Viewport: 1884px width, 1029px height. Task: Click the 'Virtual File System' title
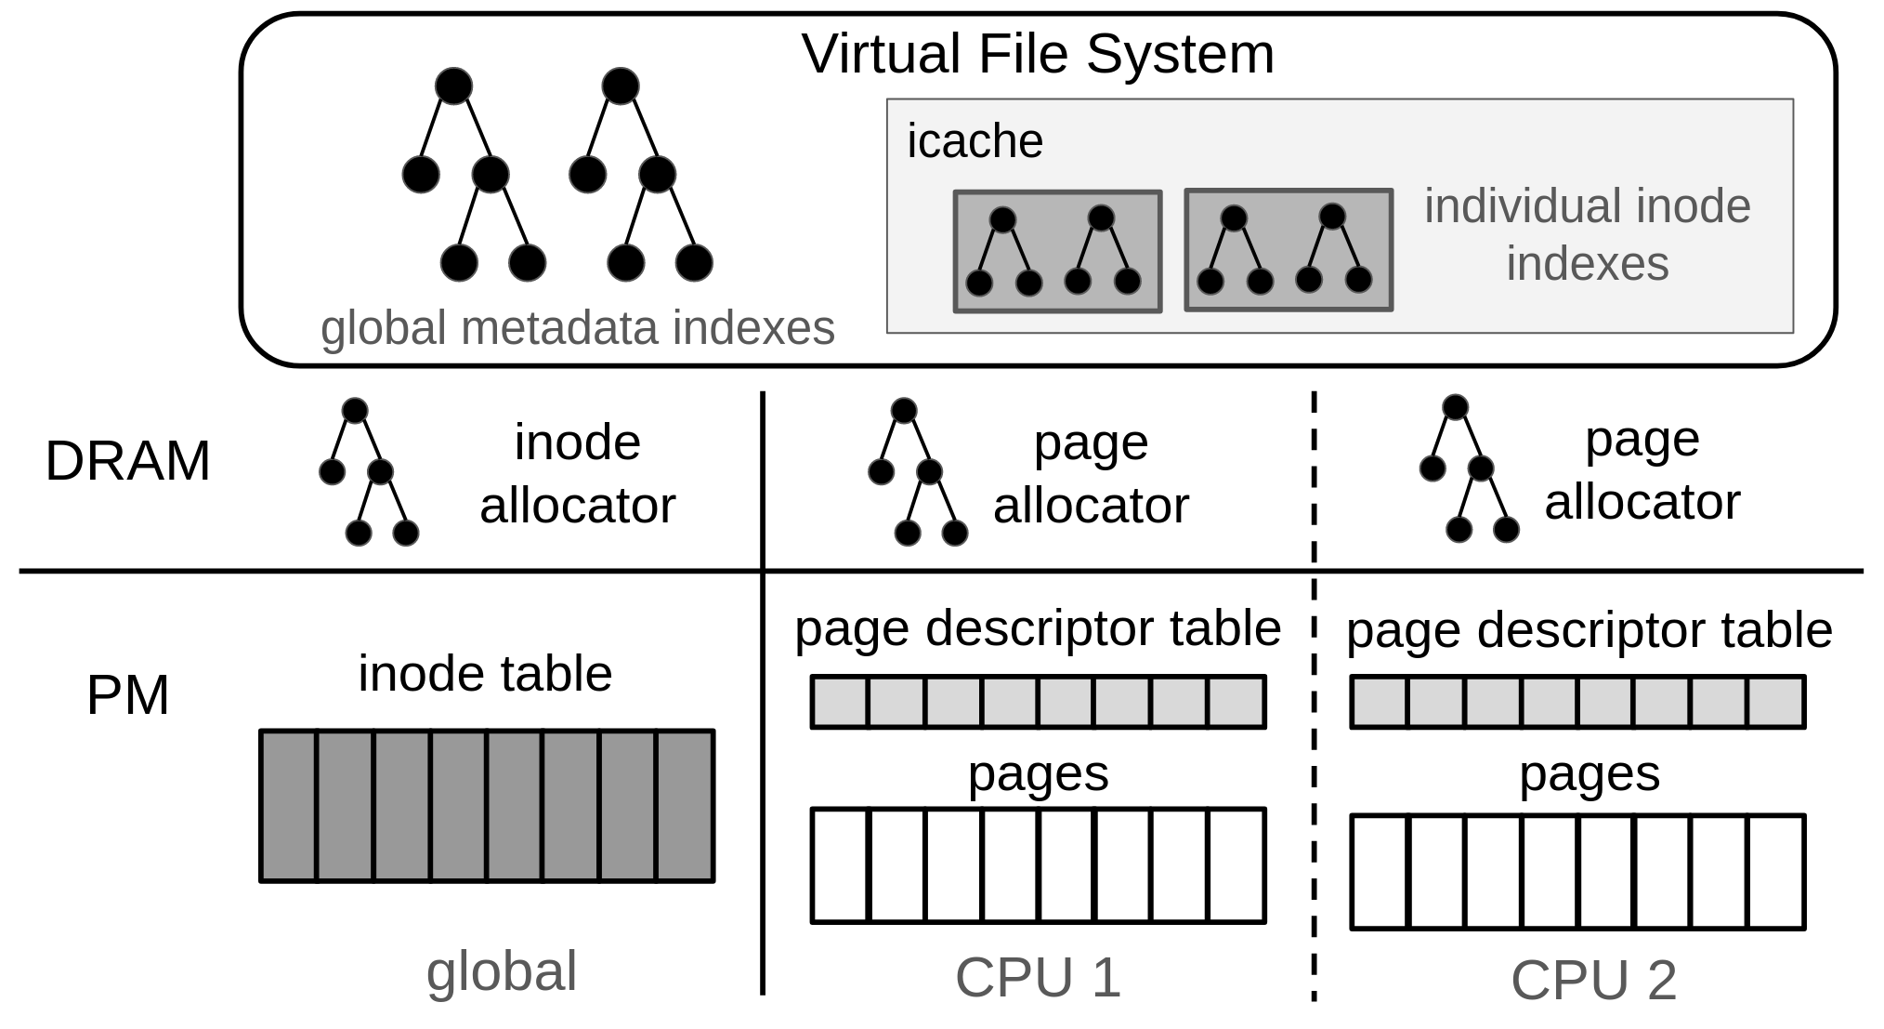pos(1038,54)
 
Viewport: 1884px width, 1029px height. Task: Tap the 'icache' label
pos(975,141)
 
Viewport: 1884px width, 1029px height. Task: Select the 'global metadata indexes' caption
pos(577,328)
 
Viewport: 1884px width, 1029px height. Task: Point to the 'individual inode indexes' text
pos(1587,234)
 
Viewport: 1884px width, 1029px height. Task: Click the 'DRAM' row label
pos(127,461)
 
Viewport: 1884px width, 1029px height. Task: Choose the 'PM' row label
pos(127,695)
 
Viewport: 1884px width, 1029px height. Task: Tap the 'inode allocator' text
pos(577,473)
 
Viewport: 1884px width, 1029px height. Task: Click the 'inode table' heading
pos(485,674)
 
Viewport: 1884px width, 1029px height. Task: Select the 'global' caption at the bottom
pos(502,971)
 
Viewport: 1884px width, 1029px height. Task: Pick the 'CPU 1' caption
pos(1038,978)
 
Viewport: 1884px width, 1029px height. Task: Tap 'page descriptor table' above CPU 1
pos(1038,628)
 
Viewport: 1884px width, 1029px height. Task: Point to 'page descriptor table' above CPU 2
pos(1589,631)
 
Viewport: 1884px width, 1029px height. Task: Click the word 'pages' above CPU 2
pos(1589,773)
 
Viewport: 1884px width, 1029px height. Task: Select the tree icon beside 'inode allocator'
pos(370,472)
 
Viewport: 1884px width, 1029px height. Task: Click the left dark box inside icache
pos(1057,252)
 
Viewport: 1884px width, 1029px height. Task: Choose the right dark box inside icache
pos(1289,250)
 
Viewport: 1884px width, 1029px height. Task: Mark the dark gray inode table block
pos(487,805)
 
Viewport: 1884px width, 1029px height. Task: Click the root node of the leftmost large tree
pos(453,86)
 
